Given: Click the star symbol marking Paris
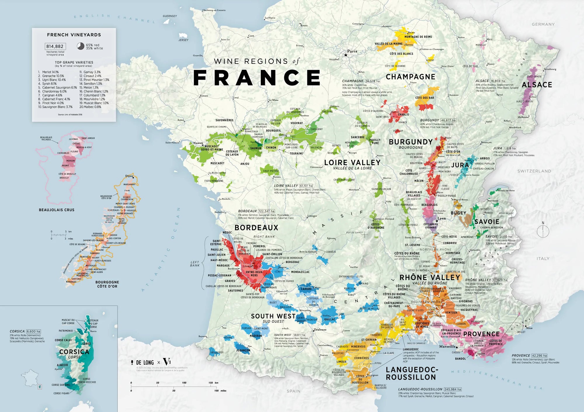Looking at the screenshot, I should (x=346, y=55).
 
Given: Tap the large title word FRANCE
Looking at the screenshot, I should (x=257, y=78).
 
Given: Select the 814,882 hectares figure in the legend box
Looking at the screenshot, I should (x=55, y=46).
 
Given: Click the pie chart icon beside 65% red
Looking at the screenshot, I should (x=81, y=46).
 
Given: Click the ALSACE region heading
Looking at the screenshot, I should (x=537, y=85).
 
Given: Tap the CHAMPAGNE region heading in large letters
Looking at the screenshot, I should (x=410, y=77).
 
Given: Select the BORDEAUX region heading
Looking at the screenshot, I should (x=256, y=228).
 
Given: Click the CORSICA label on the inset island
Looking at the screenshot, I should (x=74, y=352).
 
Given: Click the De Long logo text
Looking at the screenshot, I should (x=145, y=363).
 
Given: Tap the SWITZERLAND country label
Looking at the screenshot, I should (x=534, y=171).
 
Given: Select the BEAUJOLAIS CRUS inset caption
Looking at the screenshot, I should (x=57, y=210).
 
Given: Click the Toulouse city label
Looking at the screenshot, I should (x=320, y=330).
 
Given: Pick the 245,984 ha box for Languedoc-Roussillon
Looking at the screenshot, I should (x=453, y=389).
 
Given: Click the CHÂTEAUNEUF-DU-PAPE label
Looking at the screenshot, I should (x=394, y=305).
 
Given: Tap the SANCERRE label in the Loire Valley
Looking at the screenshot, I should (x=357, y=137).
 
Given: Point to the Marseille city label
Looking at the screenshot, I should (x=447, y=347).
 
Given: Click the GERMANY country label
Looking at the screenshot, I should (x=543, y=25).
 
